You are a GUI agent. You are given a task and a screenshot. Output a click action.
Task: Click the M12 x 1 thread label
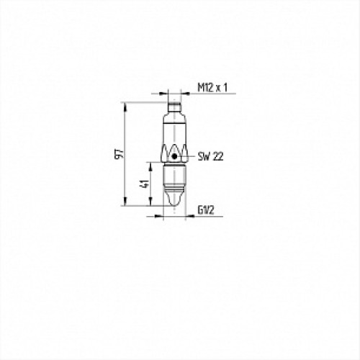pyautogui.click(x=212, y=88)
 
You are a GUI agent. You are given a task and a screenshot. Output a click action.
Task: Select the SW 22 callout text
pyautogui.click(x=210, y=157)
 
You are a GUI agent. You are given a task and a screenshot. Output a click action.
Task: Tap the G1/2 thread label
pyautogui.click(x=206, y=210)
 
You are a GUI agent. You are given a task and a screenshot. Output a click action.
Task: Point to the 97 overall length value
pyautogui.click(x=120, y=153)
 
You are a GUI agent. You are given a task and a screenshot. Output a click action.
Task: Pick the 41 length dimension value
pyautogui.click(x=145, y=184)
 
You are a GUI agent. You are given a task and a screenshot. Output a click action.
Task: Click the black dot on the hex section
pyautogui.click(x=174, y=156)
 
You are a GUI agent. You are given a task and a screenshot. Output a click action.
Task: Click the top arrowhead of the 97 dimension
pyautogui.click(x=125, y=107)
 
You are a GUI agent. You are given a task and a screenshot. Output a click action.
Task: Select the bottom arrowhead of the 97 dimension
pyautogui.click(x=125, y=202)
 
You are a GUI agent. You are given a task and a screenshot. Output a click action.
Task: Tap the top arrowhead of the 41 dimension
pyautogui.click(x=150, y=166)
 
